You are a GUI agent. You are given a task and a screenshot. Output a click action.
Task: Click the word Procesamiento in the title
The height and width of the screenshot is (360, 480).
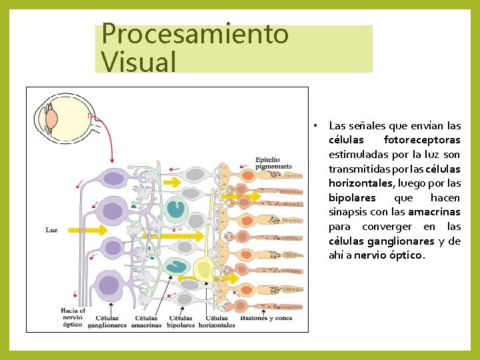[195, 33]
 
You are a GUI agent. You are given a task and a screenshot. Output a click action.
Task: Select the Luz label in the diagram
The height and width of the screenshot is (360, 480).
[51, 231]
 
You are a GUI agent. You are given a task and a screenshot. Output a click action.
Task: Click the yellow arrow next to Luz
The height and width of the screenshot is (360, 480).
[87, 230]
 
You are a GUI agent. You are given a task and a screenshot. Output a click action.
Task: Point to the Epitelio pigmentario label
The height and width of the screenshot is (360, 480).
[273, 163]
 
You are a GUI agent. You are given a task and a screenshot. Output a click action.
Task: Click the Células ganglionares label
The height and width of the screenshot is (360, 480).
[107, 322]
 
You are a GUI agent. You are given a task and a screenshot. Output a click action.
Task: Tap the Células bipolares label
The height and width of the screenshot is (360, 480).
[181, 322]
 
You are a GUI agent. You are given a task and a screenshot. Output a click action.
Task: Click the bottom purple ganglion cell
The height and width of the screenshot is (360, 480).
[108, 287]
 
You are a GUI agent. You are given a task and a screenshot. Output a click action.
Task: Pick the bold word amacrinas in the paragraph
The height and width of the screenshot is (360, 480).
[434, 212]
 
